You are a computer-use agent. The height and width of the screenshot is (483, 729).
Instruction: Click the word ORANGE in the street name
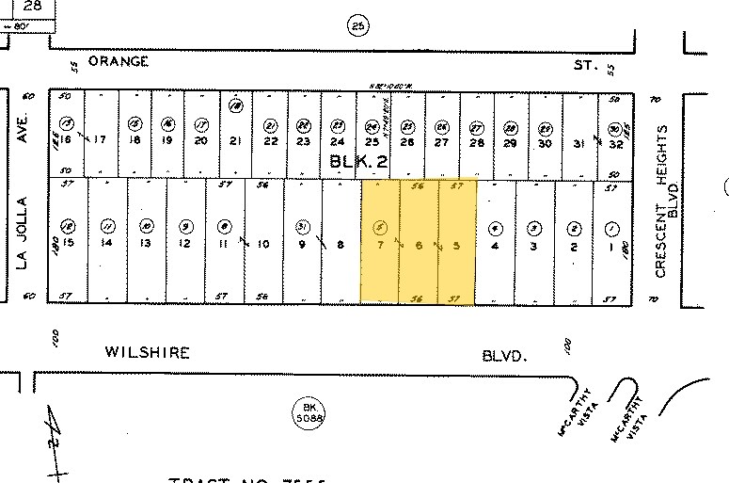[x=119, y=61]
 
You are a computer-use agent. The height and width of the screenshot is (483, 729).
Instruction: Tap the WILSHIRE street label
[x=147, y=353]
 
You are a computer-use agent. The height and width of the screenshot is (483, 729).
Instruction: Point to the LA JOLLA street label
[x=25, y=232]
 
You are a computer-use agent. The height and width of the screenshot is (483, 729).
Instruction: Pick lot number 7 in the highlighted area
[x=380, y=245]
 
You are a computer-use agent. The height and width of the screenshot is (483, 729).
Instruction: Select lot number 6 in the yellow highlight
[x=419, y=245]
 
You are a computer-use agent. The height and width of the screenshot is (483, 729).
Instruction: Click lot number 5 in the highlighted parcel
[x=457, y=245]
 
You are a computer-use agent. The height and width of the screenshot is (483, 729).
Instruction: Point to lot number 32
[x=615, y=144]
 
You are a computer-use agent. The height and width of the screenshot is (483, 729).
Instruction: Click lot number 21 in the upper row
[x=236, y=142]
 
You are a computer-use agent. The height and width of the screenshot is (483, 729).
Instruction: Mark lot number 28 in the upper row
[x=477, y=142]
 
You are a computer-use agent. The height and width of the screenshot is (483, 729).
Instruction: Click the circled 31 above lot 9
[x=301, y=226]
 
